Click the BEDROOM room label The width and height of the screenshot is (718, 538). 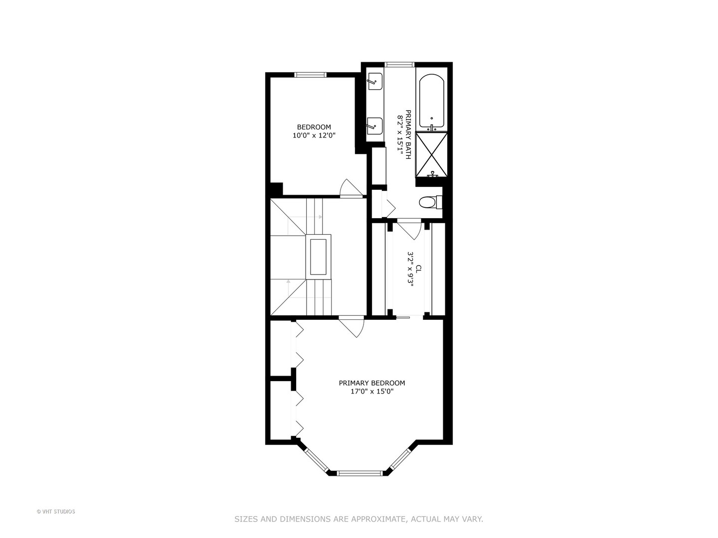tap(314, 127)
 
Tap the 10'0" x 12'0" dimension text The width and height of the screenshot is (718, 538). tap(314, 135)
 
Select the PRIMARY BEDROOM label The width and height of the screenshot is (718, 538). tap(371, 383)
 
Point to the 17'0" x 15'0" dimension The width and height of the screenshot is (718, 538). tap(371, 392)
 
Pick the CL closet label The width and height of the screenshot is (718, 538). tap(418, 268)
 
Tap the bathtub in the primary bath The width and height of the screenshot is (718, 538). tap(431, 102)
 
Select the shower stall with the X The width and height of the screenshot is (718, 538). tap(431, 154)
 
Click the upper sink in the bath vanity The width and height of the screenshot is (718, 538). tap(374, 81)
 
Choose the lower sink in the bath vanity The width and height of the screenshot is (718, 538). tap(374, 126)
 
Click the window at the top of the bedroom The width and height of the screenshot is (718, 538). tap(310, 75)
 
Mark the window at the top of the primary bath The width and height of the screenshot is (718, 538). tap(400, 64)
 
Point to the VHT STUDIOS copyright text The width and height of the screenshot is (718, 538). tap(56, 512)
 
